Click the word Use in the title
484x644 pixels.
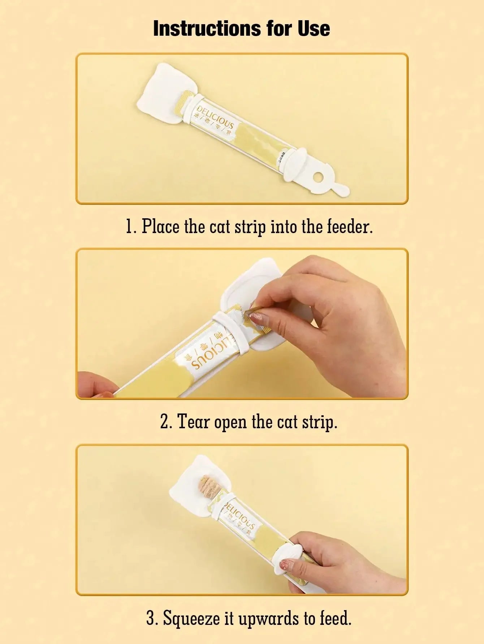pos(314,29)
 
